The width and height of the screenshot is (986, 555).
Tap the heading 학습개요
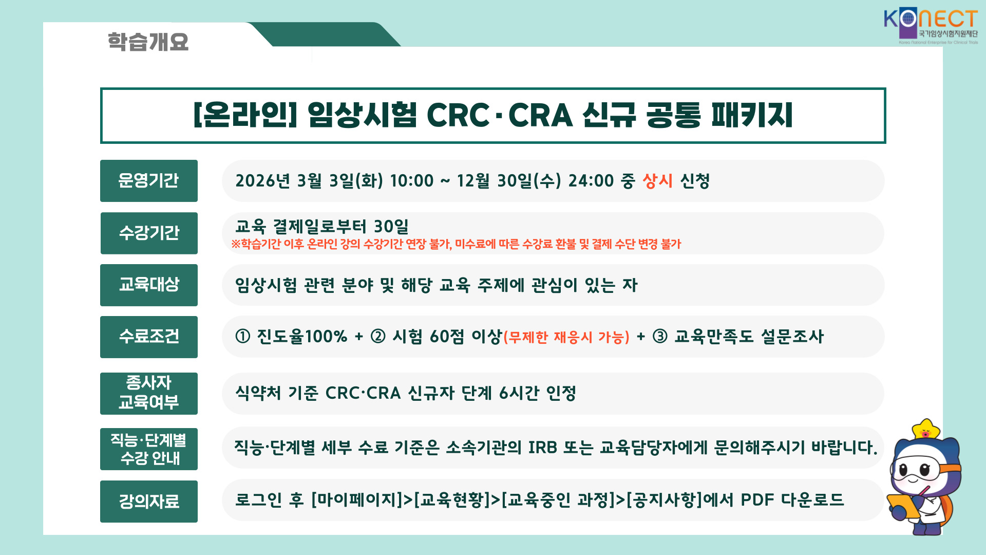coord(148,42)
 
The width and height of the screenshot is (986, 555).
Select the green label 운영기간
coord(149,181)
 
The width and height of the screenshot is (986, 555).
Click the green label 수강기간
coord(149,233)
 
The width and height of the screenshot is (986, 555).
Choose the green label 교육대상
coord(149,285)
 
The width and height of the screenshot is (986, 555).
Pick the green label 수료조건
coord(149,337)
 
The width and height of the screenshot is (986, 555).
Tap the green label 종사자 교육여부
coord(149,394)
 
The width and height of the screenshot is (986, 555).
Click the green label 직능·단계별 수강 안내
coord(149,449)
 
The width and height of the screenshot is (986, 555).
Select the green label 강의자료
coord(149,502)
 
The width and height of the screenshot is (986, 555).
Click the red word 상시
coord(657,181)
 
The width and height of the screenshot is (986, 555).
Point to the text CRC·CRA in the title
coord(499,115)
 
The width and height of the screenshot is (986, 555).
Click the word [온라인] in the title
coord(245,115)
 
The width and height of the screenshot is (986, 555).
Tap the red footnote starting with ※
coord(456,244)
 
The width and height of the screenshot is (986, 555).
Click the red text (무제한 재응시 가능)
coord(566,337)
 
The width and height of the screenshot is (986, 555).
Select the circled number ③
coord(660,337)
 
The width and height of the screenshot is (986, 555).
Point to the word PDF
coord(757,499)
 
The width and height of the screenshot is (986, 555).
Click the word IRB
coord(543,448)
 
